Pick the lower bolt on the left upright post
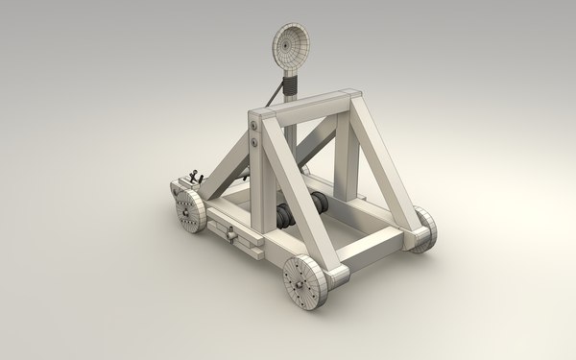coord(254,144)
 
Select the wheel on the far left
coord(187,208)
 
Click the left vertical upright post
coord(256,158)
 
